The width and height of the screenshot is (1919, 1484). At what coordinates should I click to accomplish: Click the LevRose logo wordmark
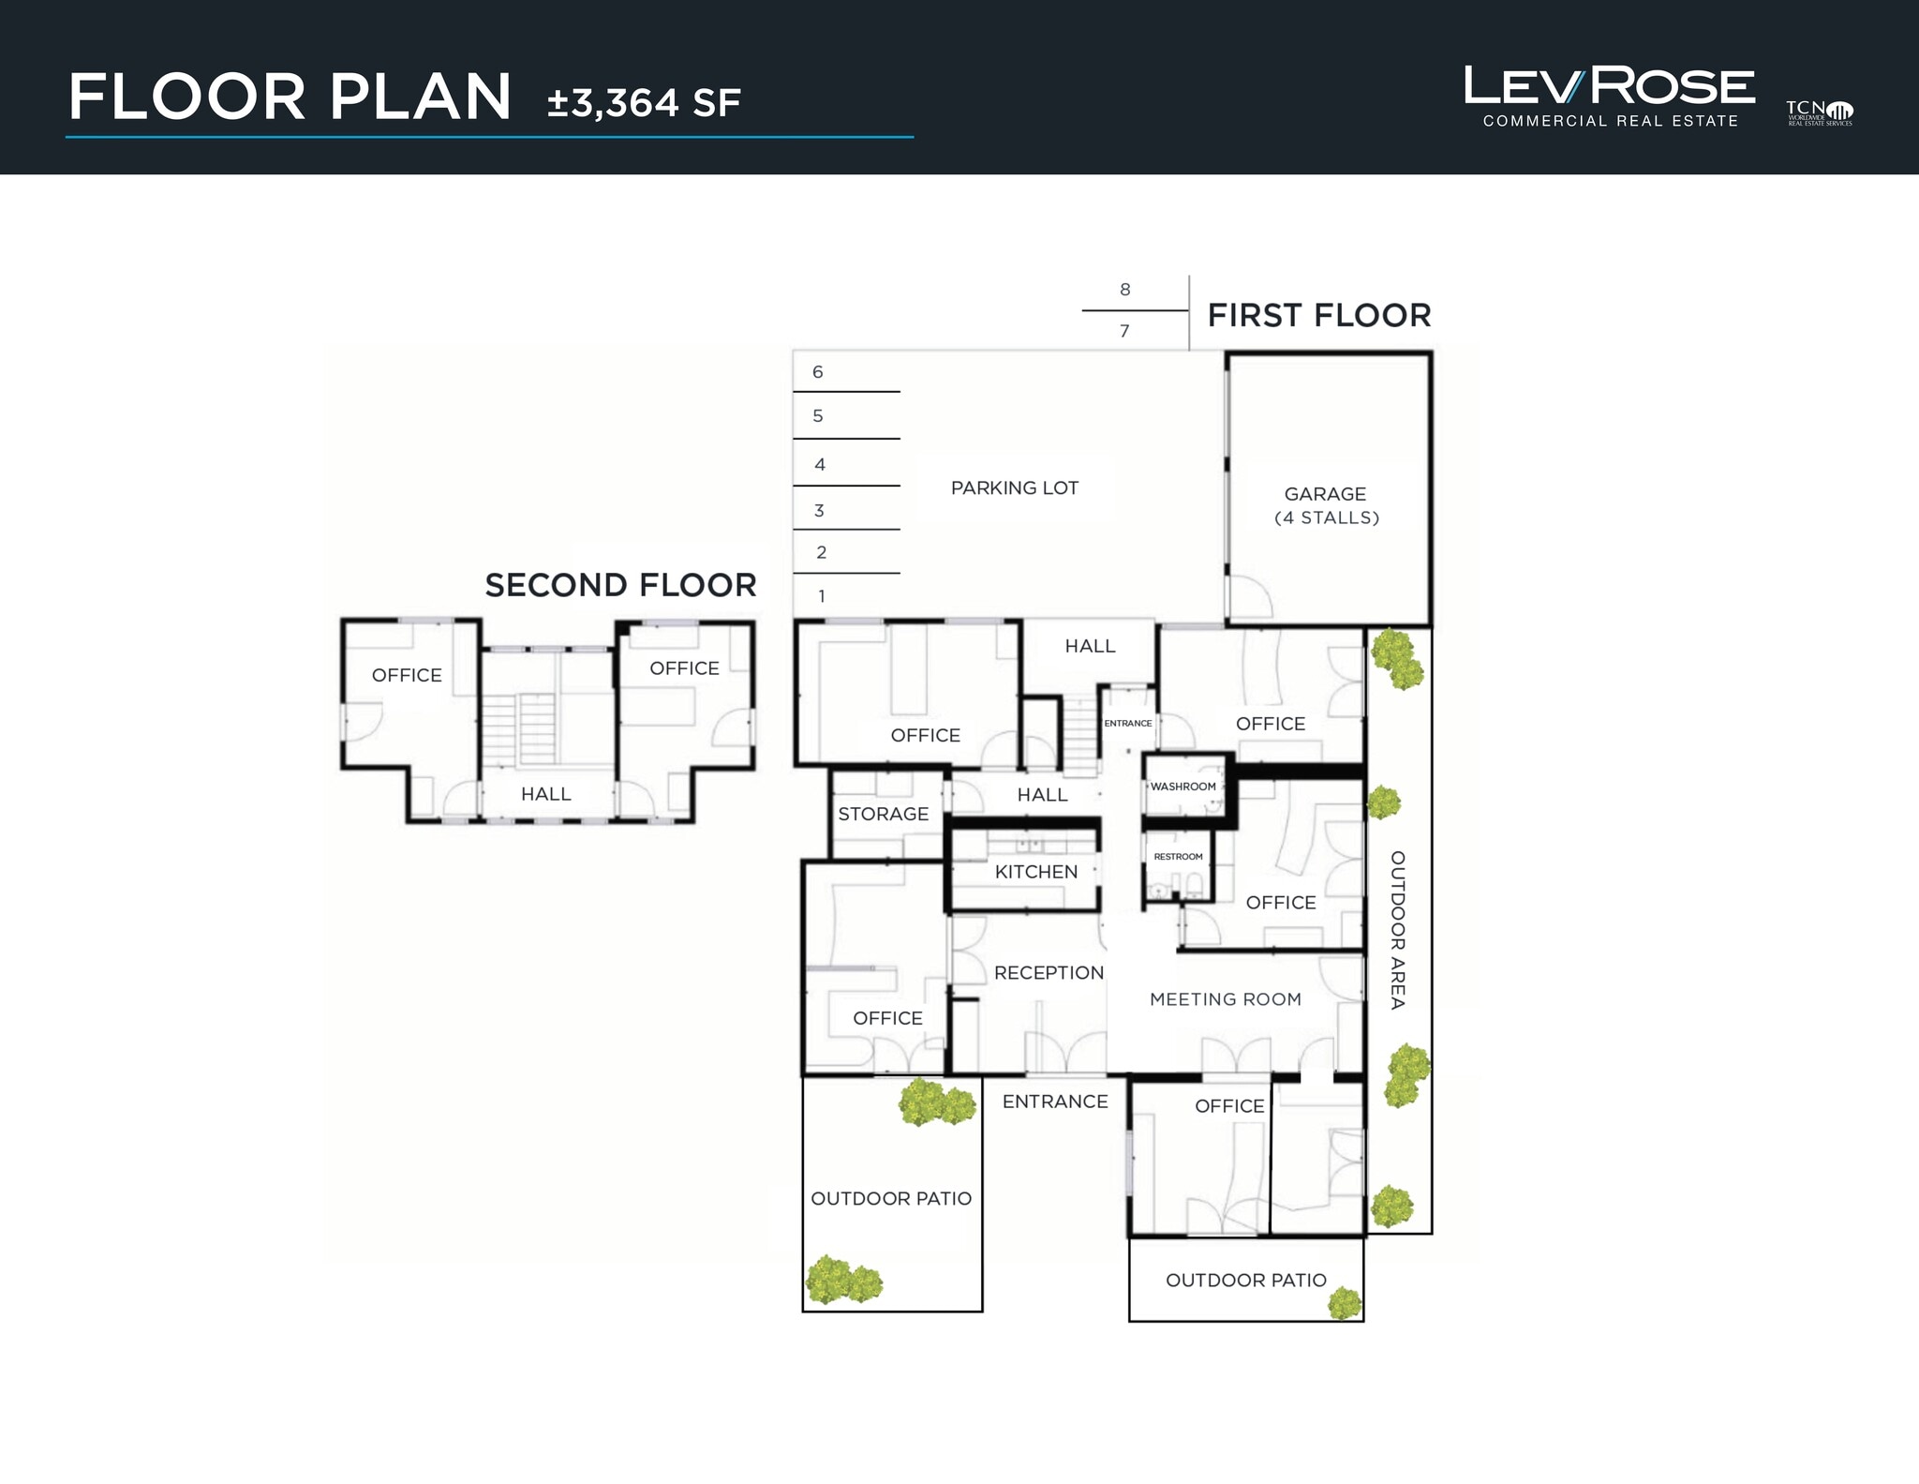click(x=1609, y=87)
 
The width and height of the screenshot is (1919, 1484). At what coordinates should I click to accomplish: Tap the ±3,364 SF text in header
click(x=644, y=103)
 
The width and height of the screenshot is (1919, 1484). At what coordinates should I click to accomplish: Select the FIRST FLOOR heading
click(x=1318, y=316)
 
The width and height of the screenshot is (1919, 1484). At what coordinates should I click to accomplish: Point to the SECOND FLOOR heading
click(x=620, y=586)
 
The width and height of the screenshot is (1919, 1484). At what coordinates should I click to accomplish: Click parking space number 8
click(x=1124, y=290)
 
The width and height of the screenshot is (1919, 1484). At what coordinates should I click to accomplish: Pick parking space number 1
click(x=822, y=596)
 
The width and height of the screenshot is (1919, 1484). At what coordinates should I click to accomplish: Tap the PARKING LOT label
click(x=1014, y=488)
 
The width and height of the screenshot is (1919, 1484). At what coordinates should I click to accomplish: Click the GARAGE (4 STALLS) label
click(x=1326, y=505)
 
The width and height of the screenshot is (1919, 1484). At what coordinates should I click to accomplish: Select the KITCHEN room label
click(x=1035, y=872)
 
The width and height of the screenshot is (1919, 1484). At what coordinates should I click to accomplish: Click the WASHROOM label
click(x=1183, y=787)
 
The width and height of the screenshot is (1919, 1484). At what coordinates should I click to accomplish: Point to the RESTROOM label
click(x=1178, y=857)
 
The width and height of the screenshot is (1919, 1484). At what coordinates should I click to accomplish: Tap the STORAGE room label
click(x=883, y=815)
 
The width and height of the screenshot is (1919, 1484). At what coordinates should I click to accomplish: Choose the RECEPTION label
click(x=1049, y=973)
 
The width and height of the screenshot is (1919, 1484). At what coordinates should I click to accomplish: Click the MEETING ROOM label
click(x=1225, y=999)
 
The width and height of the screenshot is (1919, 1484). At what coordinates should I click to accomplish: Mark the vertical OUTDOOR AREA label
click(x=1397, y=929)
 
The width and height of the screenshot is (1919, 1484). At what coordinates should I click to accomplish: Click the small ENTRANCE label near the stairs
click(x=1127, y=724)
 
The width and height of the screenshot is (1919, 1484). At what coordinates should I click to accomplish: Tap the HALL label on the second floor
click(x=545, y=794)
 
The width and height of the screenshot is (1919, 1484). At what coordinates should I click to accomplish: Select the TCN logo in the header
click(x=1819, y=113)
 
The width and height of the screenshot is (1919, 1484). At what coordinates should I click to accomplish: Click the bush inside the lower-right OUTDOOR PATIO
click(x=1345, y=1302)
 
